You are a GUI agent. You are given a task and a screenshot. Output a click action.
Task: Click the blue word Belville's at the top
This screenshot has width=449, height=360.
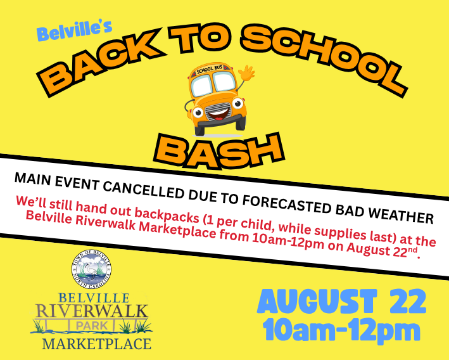coord(74,30)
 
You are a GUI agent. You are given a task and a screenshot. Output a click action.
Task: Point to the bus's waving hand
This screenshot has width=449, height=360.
coord(247,73)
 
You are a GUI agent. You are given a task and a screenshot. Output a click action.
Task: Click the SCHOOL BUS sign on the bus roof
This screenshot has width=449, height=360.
coord(210,69)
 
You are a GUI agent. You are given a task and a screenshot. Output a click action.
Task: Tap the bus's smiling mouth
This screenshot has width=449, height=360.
coord(218,114)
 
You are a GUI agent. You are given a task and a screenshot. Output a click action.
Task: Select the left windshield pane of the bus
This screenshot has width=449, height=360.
coord(202,86)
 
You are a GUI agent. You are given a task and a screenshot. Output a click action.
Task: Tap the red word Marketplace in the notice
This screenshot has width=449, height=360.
coord(177,229)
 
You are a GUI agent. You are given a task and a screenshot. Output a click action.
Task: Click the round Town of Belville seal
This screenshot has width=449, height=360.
coord(92,269)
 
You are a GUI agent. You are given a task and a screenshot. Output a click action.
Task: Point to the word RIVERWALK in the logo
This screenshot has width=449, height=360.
coord(92,311)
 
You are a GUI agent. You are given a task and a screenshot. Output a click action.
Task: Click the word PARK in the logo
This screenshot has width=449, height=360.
coord(92,326)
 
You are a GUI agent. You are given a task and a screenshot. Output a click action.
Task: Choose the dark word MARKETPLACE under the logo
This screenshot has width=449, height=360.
coord(96,344)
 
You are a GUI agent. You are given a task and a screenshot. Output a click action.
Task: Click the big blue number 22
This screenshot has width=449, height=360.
coord(408,301)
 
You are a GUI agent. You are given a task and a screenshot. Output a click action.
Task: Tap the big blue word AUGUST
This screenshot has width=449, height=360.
coord(317,301)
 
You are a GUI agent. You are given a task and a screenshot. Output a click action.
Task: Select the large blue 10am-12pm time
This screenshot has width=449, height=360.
coord(341,330)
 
